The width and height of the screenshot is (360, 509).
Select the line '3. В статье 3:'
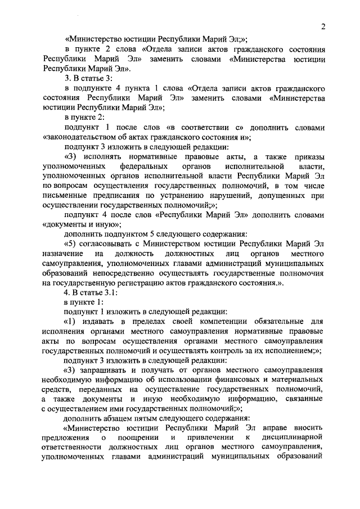(x=84, y=78)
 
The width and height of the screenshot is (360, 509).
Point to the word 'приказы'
(x=307, y=156)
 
